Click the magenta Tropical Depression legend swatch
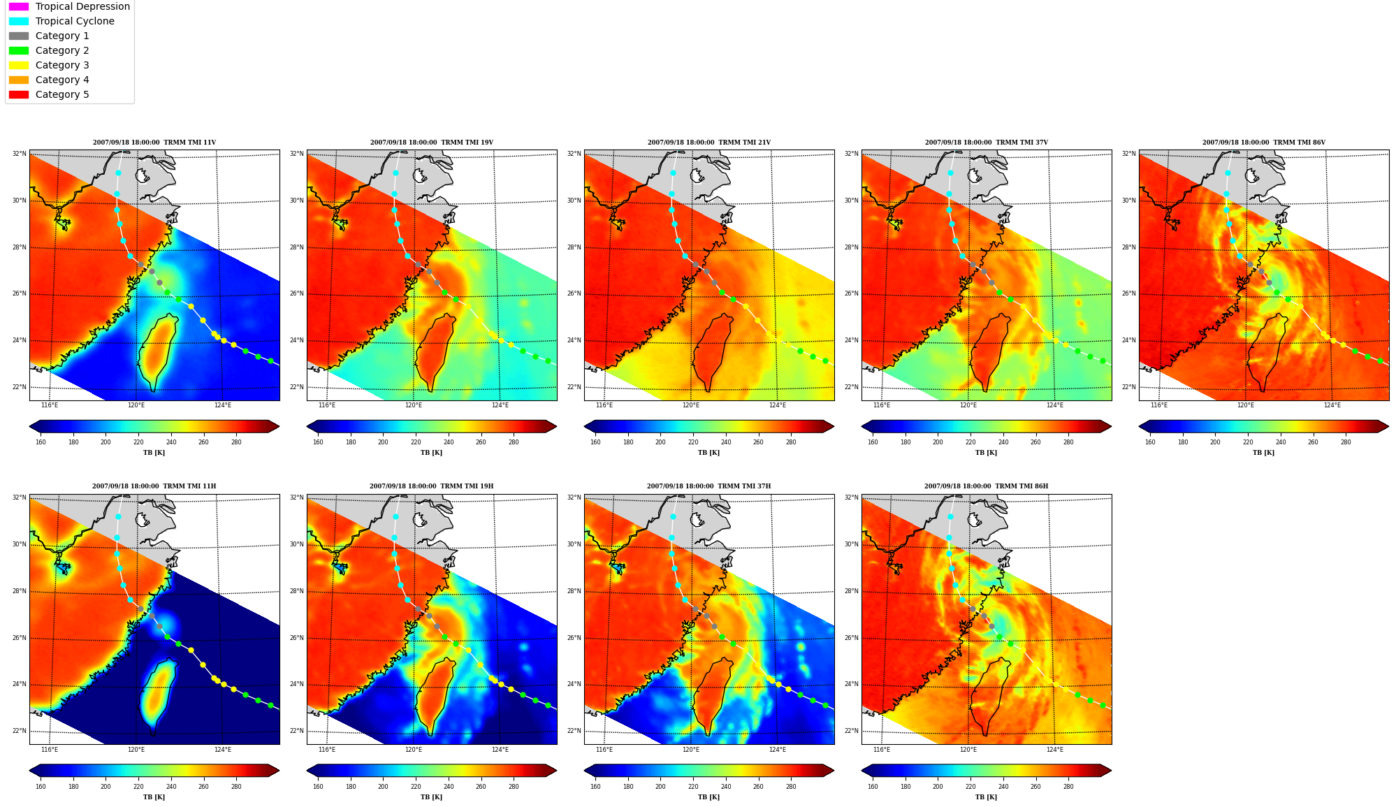coord(19,6)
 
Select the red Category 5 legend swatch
coord(19,94)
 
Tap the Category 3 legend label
coord(62,65)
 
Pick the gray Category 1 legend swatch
coord(19,36)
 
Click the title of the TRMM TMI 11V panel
coord(154,143)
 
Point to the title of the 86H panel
coord(986,486)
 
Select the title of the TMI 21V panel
coord(709,143)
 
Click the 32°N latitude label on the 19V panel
coord(297,154)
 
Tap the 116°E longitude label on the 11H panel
coord(50,750)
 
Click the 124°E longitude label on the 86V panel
coord(1332,405)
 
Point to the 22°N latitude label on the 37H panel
coord(574,731)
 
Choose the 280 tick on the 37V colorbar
coord(1068,442)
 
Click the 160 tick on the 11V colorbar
coord(41,442)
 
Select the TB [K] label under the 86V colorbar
coord(1263,453)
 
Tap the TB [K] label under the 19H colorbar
coord(431,797)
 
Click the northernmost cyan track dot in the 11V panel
coord(118,173)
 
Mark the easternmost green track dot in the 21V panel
coord(825,361)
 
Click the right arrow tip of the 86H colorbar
coord(1112,771)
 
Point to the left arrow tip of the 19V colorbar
coord(307,426)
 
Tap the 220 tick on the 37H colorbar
coord(693,786)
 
